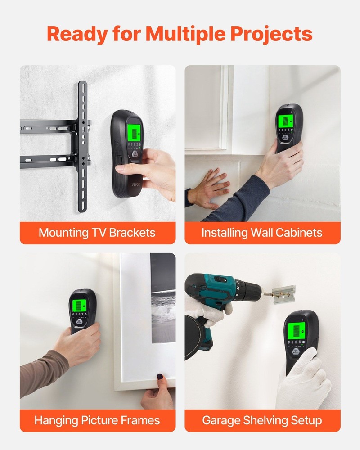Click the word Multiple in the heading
[x=189, y=34]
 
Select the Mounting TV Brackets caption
[x=97, y=233]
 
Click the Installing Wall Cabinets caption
[x=262, y=233]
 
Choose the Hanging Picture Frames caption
[x=97, y=420]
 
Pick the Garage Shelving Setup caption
[x=262, y=420]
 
